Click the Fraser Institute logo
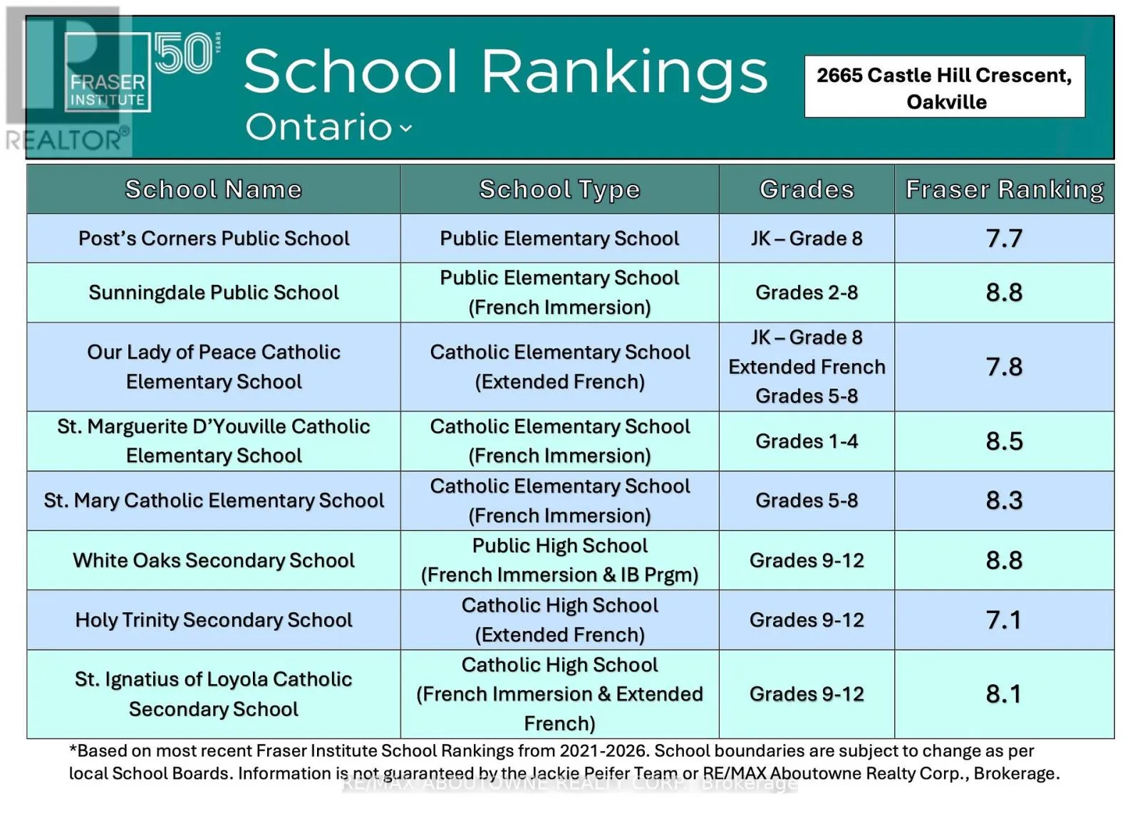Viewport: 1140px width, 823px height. (107, 72)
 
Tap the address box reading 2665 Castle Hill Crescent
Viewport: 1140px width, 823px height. (944, 87)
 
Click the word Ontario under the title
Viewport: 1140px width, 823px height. (318, 127)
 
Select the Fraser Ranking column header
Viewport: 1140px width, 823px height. (1004, 189)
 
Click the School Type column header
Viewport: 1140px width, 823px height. (559, 189)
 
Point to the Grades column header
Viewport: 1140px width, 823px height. (807, 189)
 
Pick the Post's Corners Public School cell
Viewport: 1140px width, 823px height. (214, 238)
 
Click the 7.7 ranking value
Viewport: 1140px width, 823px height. (1004, 238)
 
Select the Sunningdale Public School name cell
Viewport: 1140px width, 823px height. (214, 293)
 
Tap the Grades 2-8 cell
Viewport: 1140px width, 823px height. (807, 293)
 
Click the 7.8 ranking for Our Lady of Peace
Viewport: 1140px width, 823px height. (1004, 367)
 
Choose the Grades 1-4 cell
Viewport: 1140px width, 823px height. (807, 441)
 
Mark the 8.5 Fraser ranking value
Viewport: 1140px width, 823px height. (1004, 441)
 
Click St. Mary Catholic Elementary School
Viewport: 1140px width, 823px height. (214, 500)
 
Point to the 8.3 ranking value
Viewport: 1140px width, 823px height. (1004, 500)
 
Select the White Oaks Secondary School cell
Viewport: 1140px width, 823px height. (214, 560)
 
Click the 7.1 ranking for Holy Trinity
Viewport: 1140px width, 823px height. (1004, 620)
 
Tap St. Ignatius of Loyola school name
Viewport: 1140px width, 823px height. (214, 694)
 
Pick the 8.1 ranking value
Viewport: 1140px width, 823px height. (1004, 694)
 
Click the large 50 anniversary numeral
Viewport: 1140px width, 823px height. (184, 53)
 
